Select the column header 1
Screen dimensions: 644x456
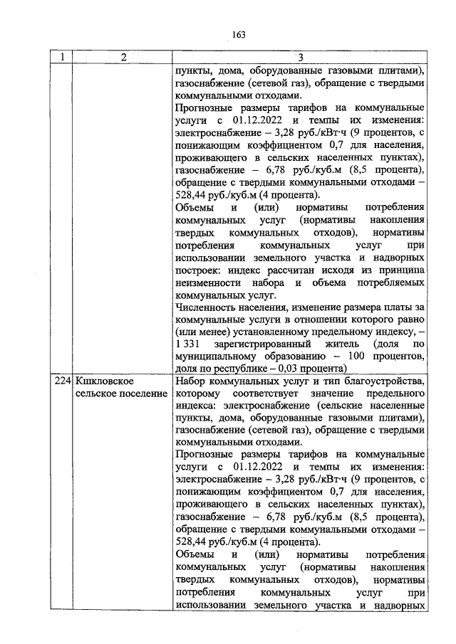pos(62,58)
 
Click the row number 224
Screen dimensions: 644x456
pos(63,382)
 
